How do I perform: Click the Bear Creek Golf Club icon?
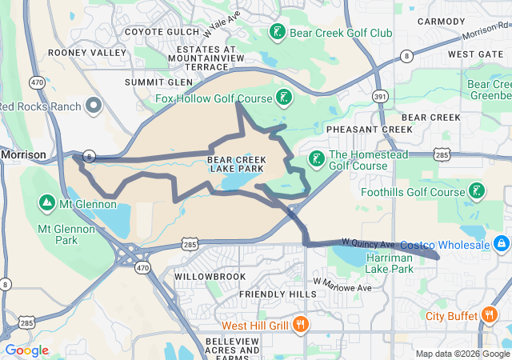point(276,33)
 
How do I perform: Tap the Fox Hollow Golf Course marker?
point(282,98)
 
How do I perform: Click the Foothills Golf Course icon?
point(477,191)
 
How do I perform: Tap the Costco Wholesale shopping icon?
point(501,242)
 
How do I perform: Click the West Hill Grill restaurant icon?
point(301,325)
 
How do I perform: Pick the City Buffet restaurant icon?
point(489,315)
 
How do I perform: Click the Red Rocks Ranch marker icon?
point(94,106)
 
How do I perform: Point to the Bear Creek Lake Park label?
point(236,164)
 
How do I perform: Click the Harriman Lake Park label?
point(390,263)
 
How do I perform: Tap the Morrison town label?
point(23,154)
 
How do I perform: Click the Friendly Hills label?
point(278,294)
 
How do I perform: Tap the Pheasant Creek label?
point(369,129)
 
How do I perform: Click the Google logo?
point(26,350)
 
